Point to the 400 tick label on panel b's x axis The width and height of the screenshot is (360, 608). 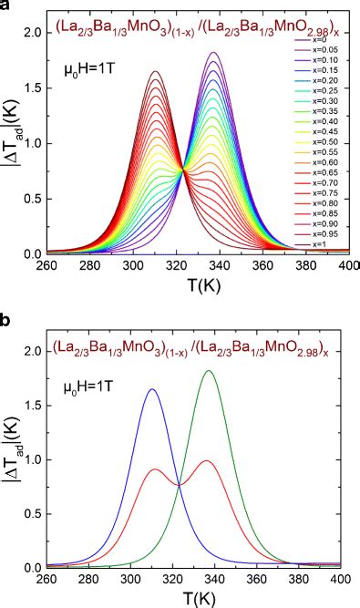point(343,579)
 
